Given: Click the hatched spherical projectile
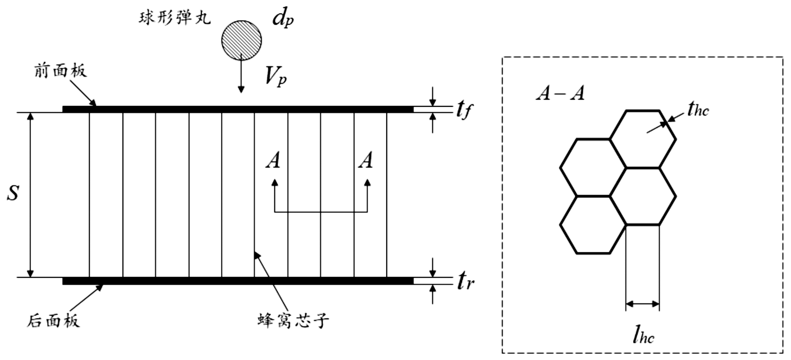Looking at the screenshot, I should pyautogui.click(x=241, y=40).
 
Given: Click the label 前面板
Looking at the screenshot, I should pyautogui.click(x=60, y=70).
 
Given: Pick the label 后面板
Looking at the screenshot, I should pyautogui.click(x=54, y=320).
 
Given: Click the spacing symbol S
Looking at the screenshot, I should pyautogui.click(x=13, y=193).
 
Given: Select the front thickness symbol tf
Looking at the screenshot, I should pyautogui.click(x=463, y=109).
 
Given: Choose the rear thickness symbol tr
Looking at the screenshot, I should pyautogui.click(x=465, y=281).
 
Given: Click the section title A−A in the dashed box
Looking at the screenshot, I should pyautogui.click(x=560, y=94).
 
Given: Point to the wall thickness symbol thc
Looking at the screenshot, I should pyautogui.click(x=698, y=109).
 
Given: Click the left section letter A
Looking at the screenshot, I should pyautogui.click(x=273, y=160).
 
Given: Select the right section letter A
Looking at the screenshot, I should pyautogui.click(x=366, y=160).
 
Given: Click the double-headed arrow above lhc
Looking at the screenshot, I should pyautogui.click(x=642, y=304).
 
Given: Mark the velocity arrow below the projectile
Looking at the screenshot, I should pyautogui.click(x=241, y=74).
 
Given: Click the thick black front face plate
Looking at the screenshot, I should pyautogui.click(x=238, y=109).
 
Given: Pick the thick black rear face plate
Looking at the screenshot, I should pyautogui.click(x=238, y=281).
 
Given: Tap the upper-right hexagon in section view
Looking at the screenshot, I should pyautogui.click(x=642, y=139).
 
